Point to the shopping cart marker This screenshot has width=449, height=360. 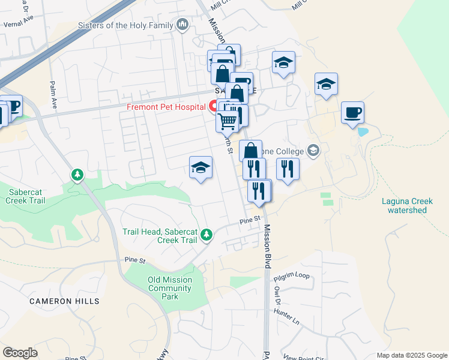click(227, 121)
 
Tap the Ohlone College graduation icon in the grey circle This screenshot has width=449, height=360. click(313, 150)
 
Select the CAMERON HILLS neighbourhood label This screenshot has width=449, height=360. click(64, 301)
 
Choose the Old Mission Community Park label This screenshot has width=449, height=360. click(170, 288)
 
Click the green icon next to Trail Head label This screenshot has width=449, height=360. click(206, 235)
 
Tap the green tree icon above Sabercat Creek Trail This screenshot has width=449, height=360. click(77, 175)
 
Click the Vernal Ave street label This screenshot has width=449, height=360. click(17, 25)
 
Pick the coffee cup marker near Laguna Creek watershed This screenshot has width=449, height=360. click(352, 112)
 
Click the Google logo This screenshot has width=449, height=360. click(20, 353)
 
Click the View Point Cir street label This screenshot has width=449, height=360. click(300, 358)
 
